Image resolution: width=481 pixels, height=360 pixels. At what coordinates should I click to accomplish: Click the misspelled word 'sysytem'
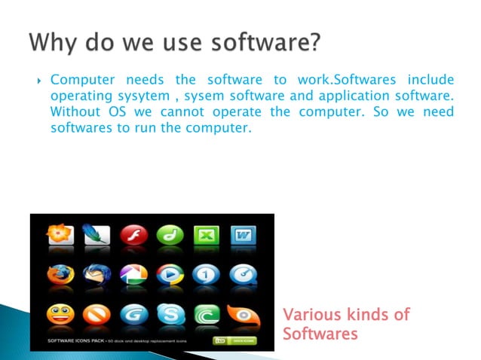pyautogui.click(x=126, y=96)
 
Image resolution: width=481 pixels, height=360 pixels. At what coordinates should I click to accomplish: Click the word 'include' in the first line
pyautogui.click(x=430, y=81)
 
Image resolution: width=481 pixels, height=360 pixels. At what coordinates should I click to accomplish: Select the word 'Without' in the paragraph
pyautogui.click(x=73, y=112)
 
